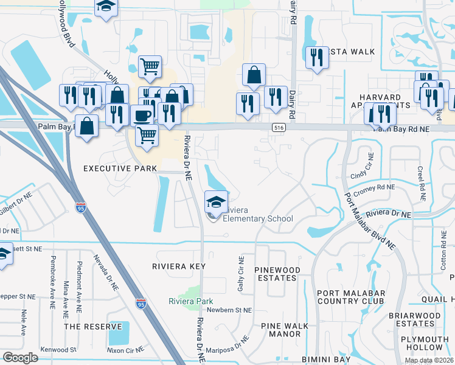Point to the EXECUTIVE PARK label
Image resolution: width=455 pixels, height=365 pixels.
click(x=116, y=168)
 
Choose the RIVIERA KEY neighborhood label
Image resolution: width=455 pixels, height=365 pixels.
click(x=179, y=266)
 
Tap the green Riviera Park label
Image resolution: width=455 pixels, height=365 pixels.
click(x=191, y=301)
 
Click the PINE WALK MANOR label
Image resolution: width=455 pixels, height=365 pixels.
click(x=281, y=330)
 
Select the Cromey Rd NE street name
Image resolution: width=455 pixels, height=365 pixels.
click(x=375, y=190)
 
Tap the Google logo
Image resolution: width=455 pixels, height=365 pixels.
click(x=21, y=357)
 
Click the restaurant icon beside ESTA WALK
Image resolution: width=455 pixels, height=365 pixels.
click(x=316, y=58)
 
